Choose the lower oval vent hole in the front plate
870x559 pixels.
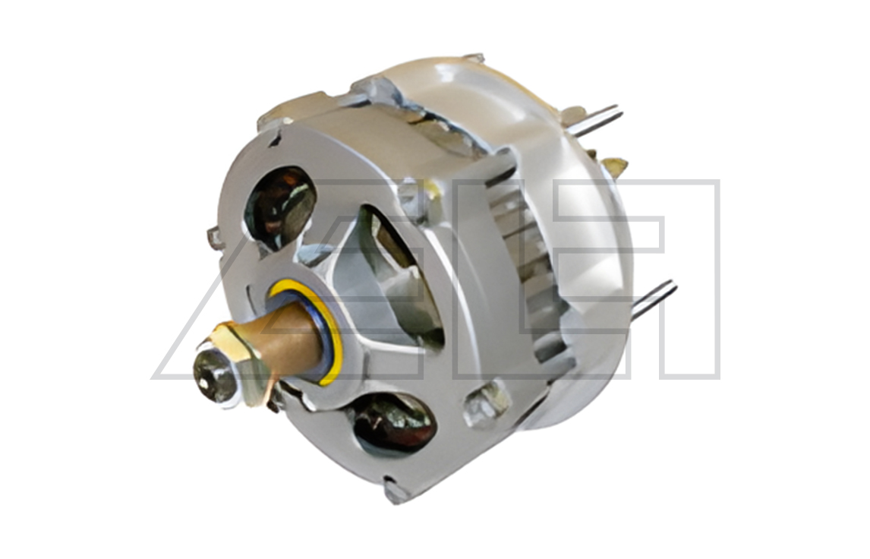point(395,425)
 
